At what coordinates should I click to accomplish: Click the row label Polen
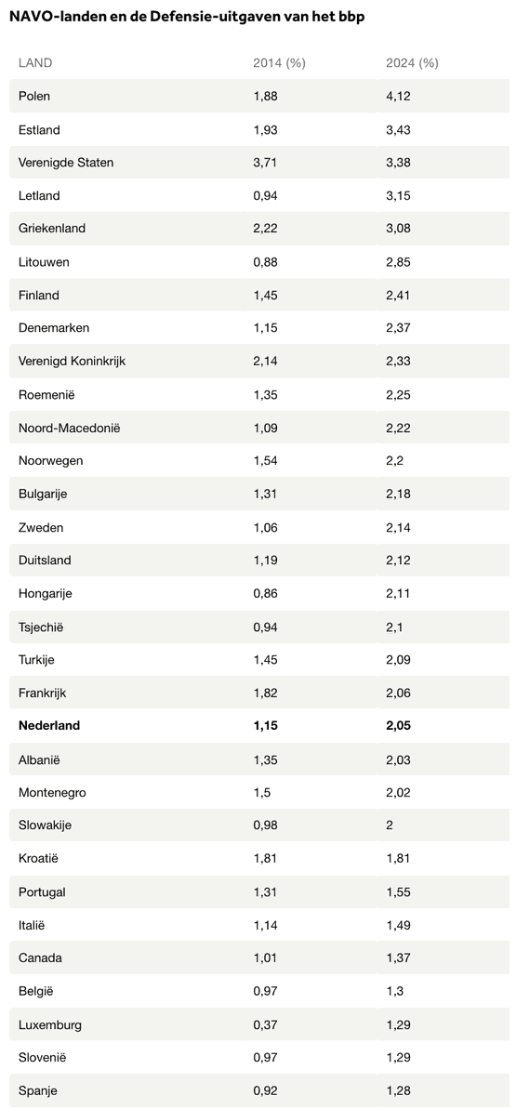point(34,96)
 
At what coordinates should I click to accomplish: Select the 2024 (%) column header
point(412,63)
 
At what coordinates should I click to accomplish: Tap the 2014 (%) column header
point(279,63)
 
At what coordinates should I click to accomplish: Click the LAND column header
point(35,63)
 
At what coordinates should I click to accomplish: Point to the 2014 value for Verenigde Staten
point(265,163)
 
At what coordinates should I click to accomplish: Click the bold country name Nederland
point(49,726)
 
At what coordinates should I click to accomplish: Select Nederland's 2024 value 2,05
point(399,726)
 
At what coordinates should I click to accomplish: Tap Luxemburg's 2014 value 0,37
point(265,1024)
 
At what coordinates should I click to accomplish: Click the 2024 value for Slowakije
point(390,825)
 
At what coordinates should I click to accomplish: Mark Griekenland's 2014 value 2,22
point(265,229)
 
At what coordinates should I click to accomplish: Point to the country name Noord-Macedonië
point(70,428)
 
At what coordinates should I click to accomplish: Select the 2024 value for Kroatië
point(399,859)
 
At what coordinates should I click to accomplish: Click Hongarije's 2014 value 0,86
point(265,593)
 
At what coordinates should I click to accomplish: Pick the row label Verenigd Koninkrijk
point(73,362)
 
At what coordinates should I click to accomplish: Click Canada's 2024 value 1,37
point(399,958)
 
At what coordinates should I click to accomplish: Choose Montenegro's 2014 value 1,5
point(261,792)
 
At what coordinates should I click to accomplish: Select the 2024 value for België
point(394,992)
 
